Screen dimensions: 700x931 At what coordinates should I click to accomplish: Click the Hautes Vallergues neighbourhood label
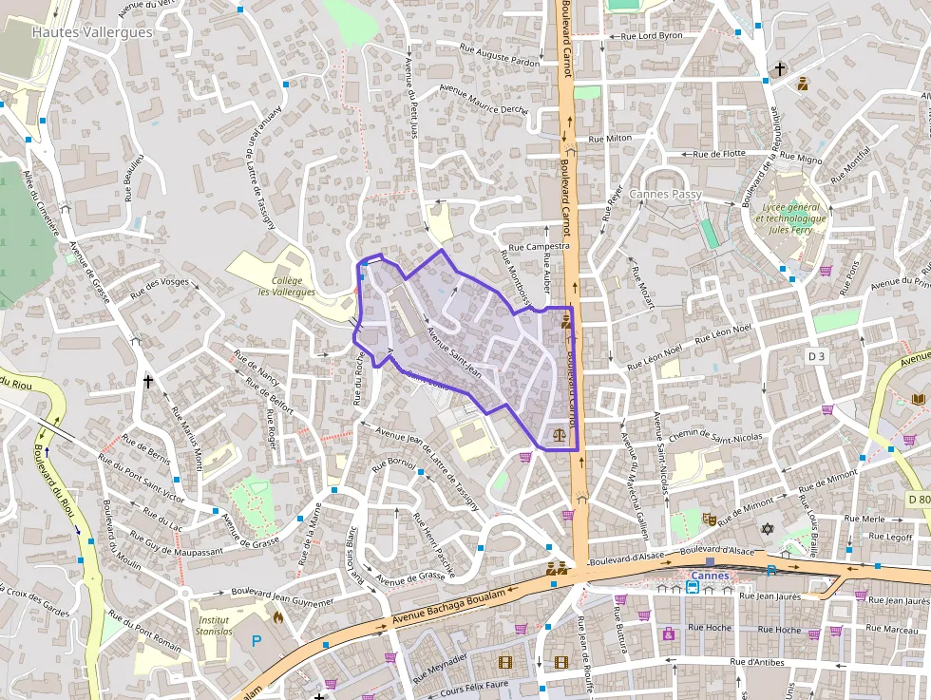pos(92,31)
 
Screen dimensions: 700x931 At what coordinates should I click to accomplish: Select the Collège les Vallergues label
pos(293,286)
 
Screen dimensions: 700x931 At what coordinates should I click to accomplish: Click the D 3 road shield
pos(816,355)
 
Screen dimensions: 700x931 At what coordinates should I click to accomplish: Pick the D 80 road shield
pos(918,500)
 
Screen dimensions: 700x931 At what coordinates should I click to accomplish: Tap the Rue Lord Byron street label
pos(652,36)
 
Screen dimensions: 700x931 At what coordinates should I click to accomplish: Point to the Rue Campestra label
pos(539,246)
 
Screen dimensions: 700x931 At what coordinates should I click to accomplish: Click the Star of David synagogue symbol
pos(769,529)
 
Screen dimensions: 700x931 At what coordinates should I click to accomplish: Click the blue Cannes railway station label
pos(710,576)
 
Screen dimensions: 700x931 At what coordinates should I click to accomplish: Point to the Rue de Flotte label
pos(719,153)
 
